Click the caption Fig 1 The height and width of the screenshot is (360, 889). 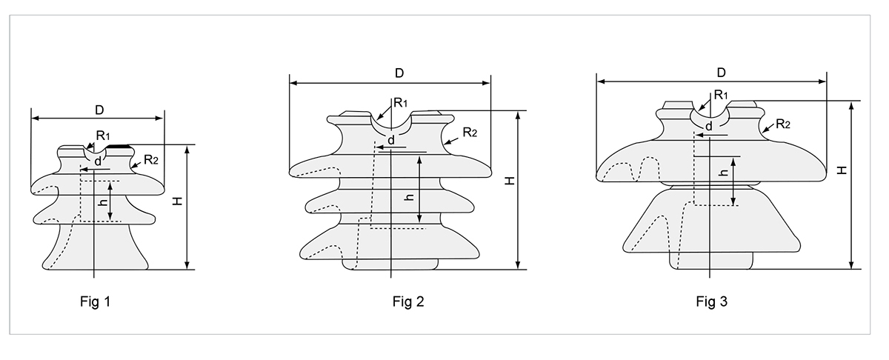96,301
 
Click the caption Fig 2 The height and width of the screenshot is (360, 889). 408,301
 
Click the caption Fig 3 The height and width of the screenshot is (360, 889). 712,301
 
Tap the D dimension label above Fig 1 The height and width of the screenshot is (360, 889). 99,110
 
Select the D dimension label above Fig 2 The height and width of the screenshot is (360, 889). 399,73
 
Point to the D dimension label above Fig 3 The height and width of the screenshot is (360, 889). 720,72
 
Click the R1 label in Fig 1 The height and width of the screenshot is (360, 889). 103,136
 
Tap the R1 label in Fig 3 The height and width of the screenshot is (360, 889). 721,95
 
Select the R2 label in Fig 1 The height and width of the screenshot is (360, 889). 151,159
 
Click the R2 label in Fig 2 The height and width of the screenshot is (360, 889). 470,133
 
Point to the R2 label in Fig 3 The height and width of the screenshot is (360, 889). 784,124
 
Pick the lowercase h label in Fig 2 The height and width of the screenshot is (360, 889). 408,197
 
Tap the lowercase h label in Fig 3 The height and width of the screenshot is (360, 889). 722,173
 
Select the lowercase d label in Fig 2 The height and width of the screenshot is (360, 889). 391,140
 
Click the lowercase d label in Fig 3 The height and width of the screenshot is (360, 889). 709,127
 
